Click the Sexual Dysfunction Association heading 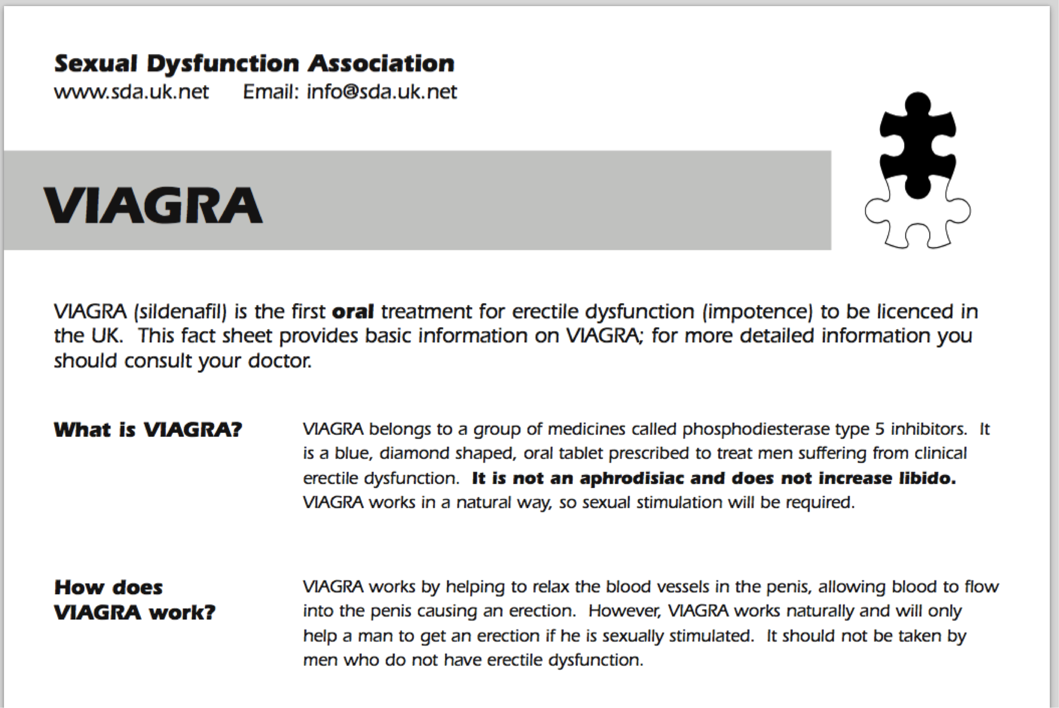click(254, 64)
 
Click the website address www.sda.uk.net click(131, 92)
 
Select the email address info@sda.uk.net click(381, 92)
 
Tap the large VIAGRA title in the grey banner click(153, 206)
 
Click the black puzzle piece click(917, 145)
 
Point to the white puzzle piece click(916, 222)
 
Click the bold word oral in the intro click(353, 312)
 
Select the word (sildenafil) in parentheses click(180, 312)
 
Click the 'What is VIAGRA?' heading click(148, 429)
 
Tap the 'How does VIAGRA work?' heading click(135, 600)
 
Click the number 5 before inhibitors click(880, 429)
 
